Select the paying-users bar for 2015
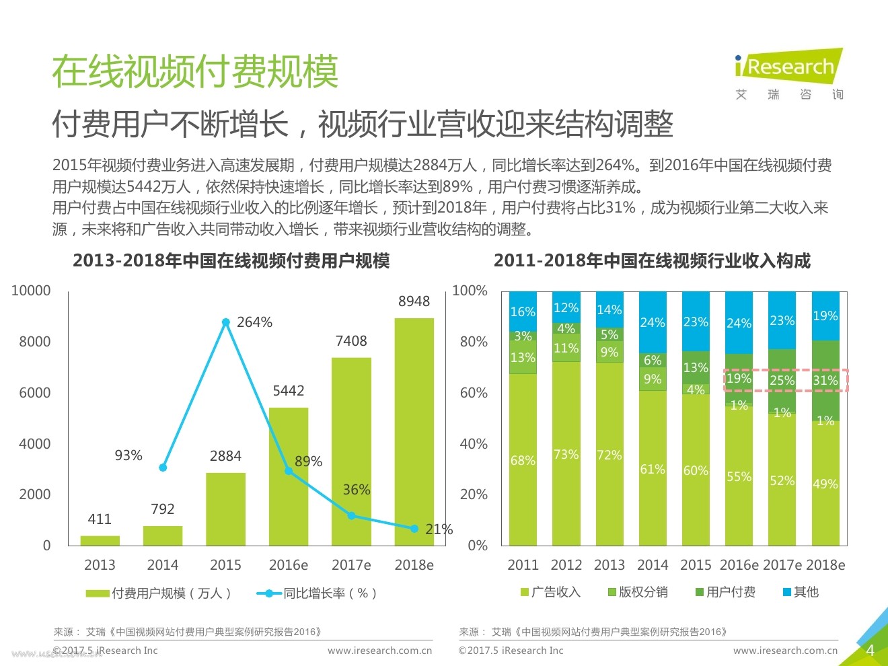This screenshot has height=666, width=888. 225,509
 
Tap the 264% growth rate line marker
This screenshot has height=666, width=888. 226,323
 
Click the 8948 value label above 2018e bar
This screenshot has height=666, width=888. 414,301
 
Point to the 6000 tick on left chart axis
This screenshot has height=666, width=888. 35,393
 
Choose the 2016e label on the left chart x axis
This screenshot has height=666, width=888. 288,565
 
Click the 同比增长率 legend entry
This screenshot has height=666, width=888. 316,593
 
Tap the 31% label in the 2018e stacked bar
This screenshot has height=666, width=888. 825,381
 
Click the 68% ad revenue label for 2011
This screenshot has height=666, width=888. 523,461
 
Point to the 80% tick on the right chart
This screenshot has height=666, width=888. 474,342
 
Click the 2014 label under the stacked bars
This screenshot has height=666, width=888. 653,565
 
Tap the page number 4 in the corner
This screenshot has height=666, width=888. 870,651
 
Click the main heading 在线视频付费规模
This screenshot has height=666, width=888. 195,72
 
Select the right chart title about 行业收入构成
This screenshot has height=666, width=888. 652,261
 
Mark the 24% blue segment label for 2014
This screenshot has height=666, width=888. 653,323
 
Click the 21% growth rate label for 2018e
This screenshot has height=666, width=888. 439,529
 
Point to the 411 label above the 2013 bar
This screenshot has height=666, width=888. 100,519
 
